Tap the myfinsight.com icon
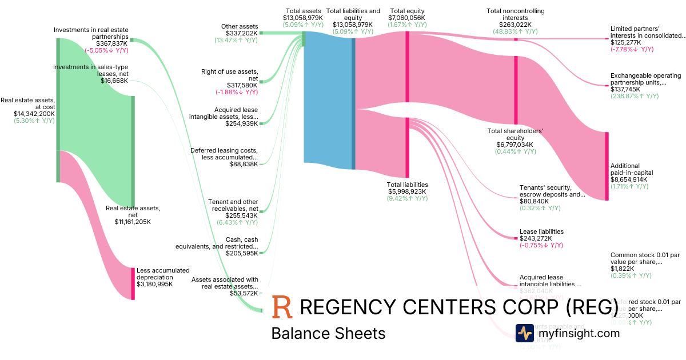click(x=524, y=333)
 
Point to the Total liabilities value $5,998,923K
click(x=408, y=191)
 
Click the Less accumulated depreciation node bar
click(x=133, y=283)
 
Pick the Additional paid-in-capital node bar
click(x=607, y=166)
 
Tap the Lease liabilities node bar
click(x=516, y=236)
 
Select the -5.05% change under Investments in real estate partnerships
click(x=106, y=50)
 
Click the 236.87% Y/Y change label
click(x=635, y=96)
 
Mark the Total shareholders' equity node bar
click(x=516, y=90)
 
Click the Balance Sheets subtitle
click(x=328, y=333)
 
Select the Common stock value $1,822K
click(x=622, y=269)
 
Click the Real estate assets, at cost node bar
click(x=58, y=110)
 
